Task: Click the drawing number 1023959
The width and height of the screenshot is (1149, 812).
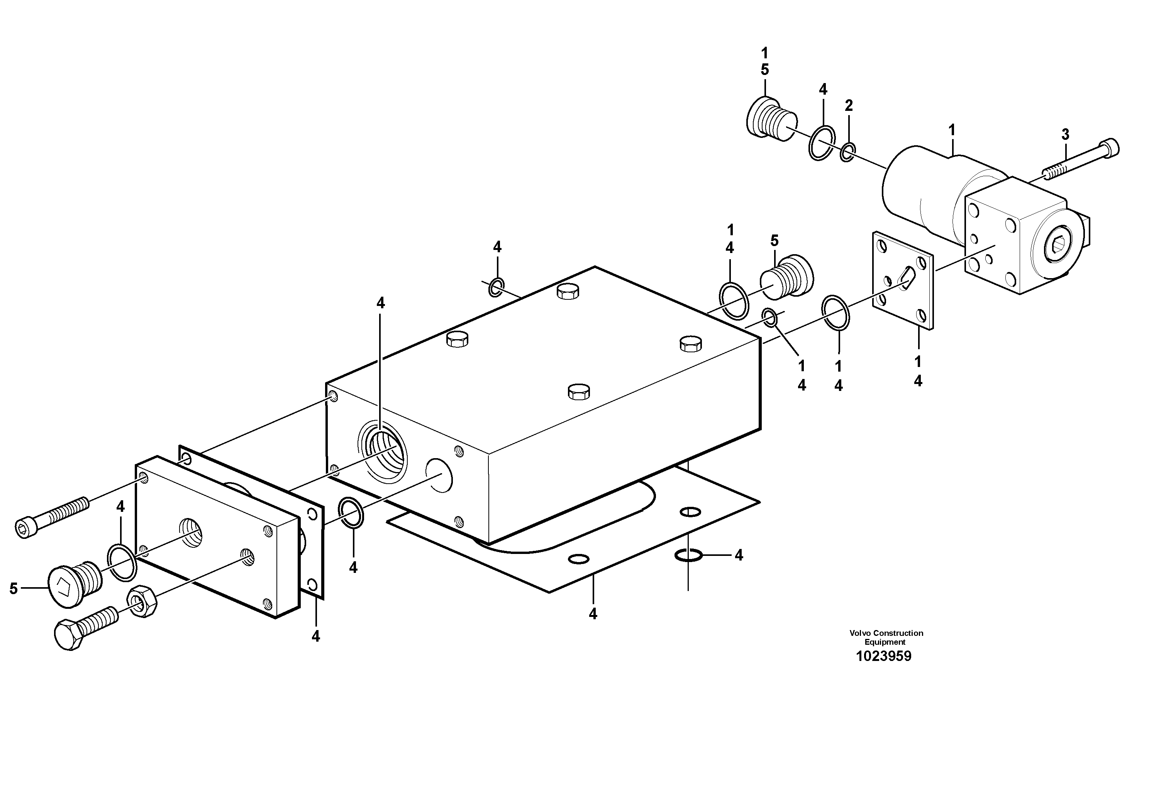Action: coord(884,656)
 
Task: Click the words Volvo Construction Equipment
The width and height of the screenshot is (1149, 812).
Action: coord(886,637)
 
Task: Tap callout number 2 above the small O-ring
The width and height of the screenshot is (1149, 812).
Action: coord(849,105)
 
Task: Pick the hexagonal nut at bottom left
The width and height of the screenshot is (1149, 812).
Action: coord(142,600)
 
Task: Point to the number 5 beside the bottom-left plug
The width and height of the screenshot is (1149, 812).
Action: coord(14,589)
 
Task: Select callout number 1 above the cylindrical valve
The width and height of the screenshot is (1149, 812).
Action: coord(952,131)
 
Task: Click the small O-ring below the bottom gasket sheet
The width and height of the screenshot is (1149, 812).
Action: coord(689,555)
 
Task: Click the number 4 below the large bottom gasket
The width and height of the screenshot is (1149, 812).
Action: coord(593,614)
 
